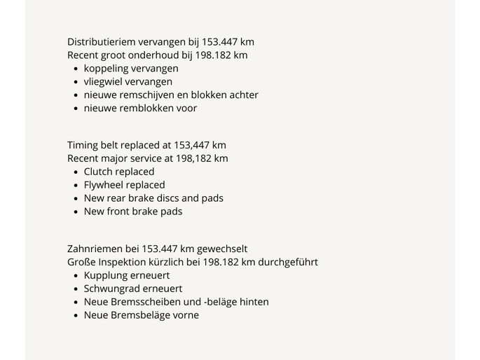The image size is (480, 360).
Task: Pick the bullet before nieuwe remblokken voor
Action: pyautogui.click(x=76, y=109)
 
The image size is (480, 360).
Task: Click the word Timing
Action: pyautogui.click(x=83, y=146)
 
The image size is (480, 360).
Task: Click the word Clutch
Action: pyautogui.click(x=99, y=172)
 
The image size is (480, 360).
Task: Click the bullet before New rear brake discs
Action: pyautogui.click(x=76, y=199)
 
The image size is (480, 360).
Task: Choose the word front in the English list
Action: pyautogui.click(x=123, y=212)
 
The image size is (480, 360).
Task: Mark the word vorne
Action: pyautogui.click(x=184, y=315)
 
